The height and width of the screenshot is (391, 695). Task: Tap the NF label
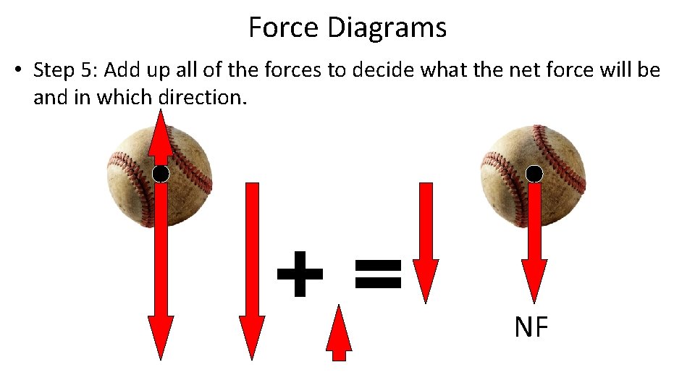[x=531, y=328]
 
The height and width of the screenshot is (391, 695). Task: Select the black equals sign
[x=377, y=274]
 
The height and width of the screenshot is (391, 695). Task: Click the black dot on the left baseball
[x=161, y=174]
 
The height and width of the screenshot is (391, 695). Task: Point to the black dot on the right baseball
[x=534, y=174]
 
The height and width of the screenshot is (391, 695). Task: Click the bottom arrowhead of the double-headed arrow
[x=161, y=337]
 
